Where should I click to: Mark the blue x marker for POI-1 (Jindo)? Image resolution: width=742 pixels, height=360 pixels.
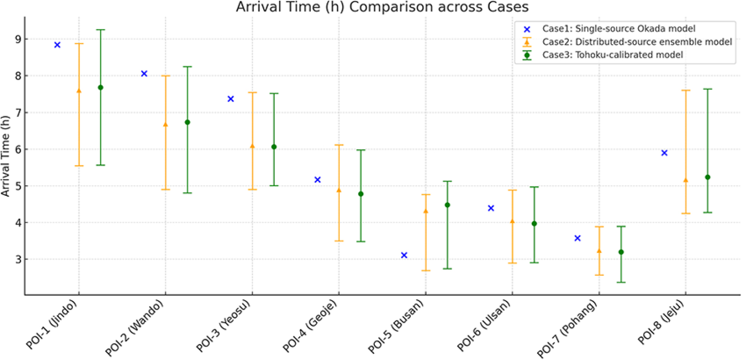click(x=57, y=45)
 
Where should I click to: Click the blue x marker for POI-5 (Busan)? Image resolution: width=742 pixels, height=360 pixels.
click(x=404, y=255)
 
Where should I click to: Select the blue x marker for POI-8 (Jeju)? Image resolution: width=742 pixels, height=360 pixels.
click(x=664, y=153)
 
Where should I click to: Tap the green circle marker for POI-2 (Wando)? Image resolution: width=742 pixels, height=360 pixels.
click(x=187, y=122)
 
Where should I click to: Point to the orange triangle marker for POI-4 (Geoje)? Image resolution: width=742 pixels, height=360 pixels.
click(x=339, y=190)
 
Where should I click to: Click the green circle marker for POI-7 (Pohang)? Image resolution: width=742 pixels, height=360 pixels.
click(x=621, y=252)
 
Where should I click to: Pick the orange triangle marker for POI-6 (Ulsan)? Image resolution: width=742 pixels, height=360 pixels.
click(x=512, y=221)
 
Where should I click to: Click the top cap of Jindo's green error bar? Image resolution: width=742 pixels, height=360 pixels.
click(x=101, y=30)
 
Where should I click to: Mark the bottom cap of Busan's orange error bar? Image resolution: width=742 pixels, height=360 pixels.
click(x=426, y=270)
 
